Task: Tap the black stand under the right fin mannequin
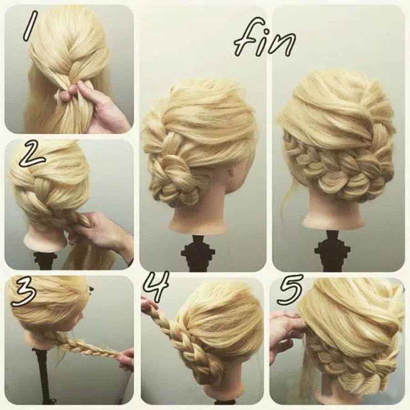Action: [x=334, y=251]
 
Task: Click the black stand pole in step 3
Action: [x=42, y=377]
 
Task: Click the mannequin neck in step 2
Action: [x=46, y=241]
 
